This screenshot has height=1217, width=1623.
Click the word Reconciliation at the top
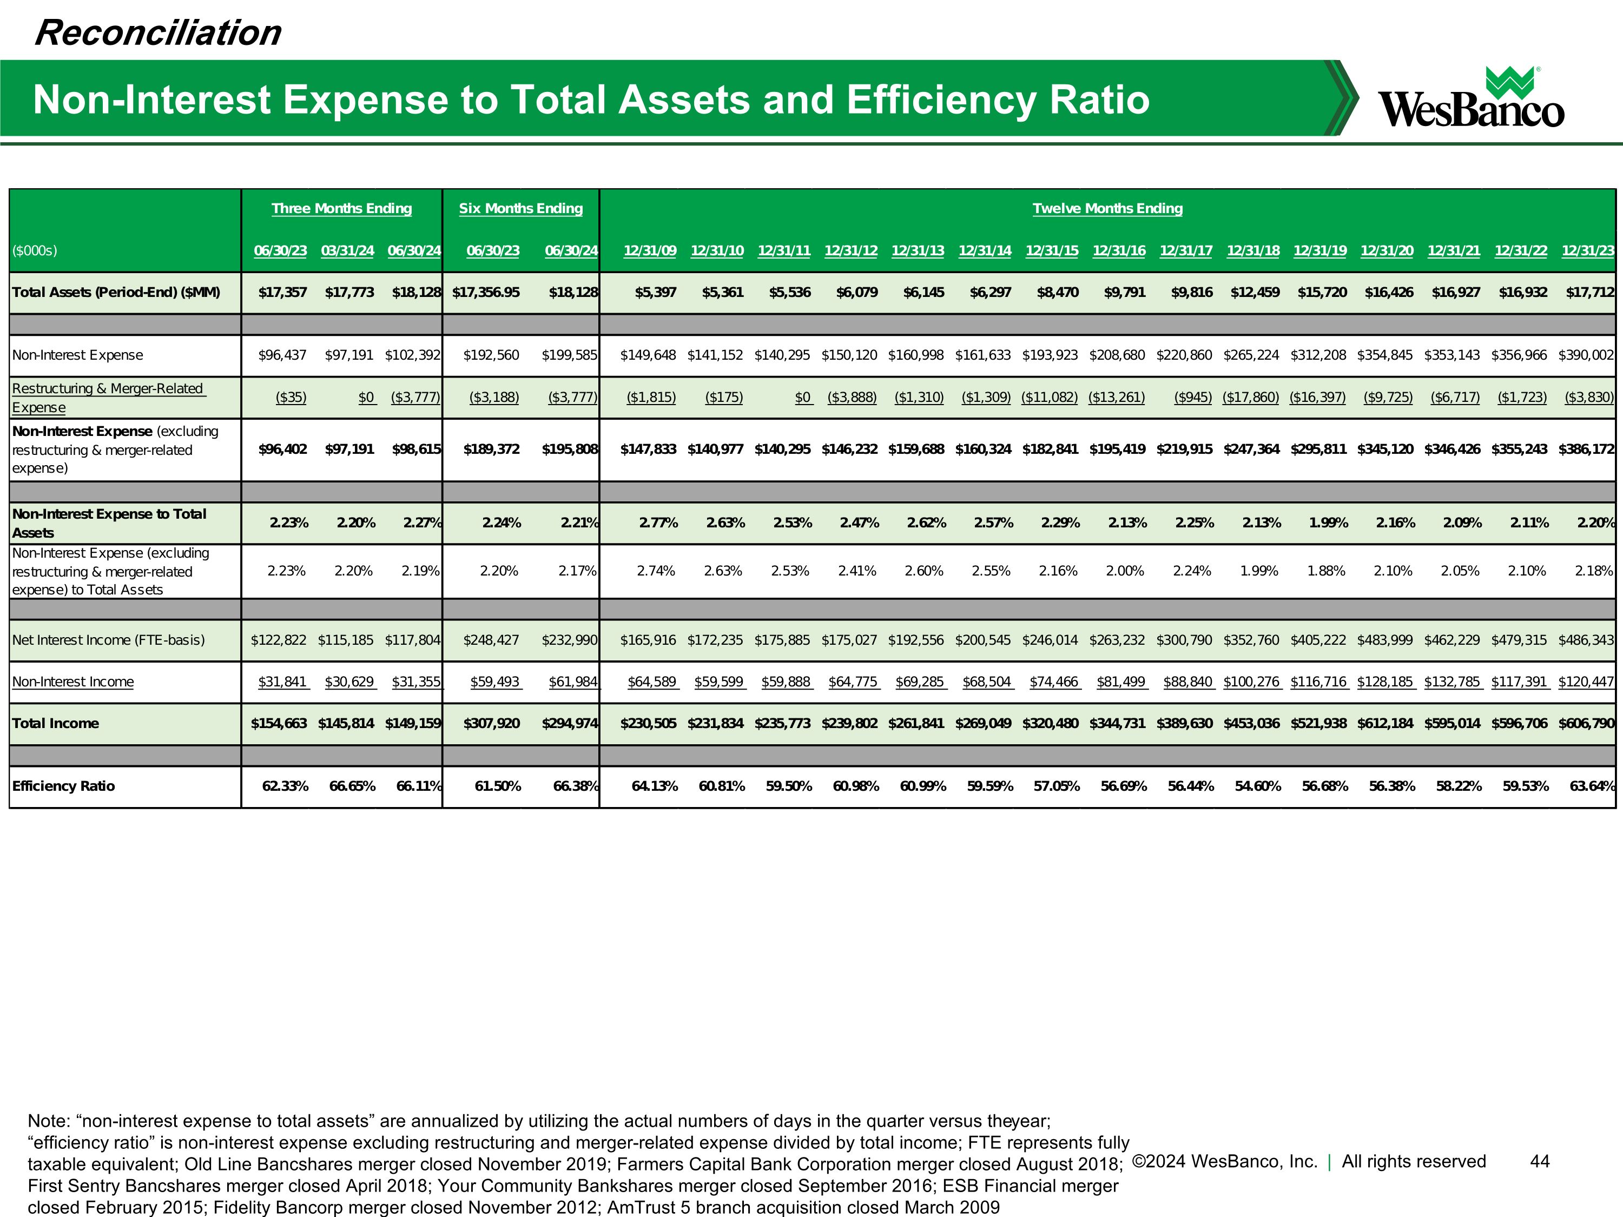pyautogui.click(x=158, y=33)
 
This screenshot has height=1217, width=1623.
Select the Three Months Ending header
pyautogui.click(x=342, y=208)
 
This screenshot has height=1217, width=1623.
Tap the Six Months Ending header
pyautogui.click(x=521, y=208)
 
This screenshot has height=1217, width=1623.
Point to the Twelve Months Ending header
pyautogui.click(x=1107, y=208)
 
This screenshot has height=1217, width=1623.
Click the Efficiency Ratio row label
pyautogui.click(x=64, y=786)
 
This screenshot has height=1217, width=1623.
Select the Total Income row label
pyautogui.click(x=56, y=723)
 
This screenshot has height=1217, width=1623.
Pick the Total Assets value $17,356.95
pyautogui.click(x=486, y=293)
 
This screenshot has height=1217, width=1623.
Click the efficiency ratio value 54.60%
pyautogui.click(x=1258, y=786)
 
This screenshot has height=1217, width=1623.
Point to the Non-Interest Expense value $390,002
pyautogui.click(x=1586, y=355)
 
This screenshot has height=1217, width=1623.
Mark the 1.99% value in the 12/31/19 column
pyautogui.click(x=1328, y=523)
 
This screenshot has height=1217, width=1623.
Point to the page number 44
pyautogui.click(x=1539, y=1161)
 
